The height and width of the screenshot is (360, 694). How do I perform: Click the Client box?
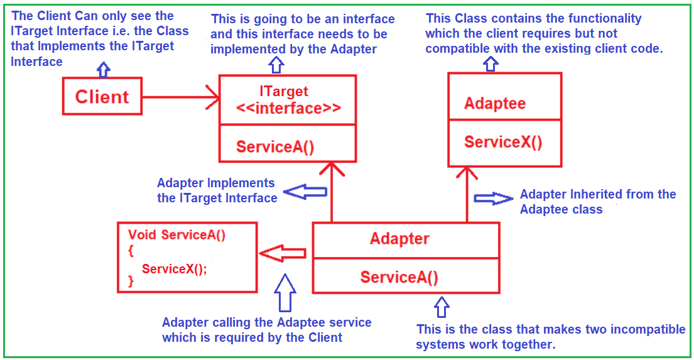tap(102, 96)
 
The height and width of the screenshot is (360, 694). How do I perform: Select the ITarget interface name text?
tap(283, 92)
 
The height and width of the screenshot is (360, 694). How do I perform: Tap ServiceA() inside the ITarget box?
tap(275, 147)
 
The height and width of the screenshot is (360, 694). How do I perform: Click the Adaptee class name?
tap(495, 104)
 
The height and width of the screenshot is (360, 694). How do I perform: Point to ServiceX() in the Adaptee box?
tap(502, 142)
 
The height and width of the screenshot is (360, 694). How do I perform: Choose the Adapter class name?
tap(399, 239)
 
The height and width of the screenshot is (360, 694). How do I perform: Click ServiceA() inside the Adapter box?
tap(399, 277)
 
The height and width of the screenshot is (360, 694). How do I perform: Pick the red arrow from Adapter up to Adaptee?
tap(467, 195)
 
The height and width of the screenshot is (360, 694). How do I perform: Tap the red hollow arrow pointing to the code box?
tap(283, 253)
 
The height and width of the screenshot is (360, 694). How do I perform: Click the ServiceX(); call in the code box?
tap(174, 269)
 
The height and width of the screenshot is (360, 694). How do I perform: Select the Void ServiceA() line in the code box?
tap(176, 235)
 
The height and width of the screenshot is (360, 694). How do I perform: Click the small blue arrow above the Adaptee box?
tap(491, 62)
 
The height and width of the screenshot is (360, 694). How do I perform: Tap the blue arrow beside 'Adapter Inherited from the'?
tap(493, 198)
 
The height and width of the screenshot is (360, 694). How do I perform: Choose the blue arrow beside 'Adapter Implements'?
tap(303, 192)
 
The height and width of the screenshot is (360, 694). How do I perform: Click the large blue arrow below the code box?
tap(285, 292)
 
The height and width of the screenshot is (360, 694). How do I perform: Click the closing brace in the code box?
tap(131, 281)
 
